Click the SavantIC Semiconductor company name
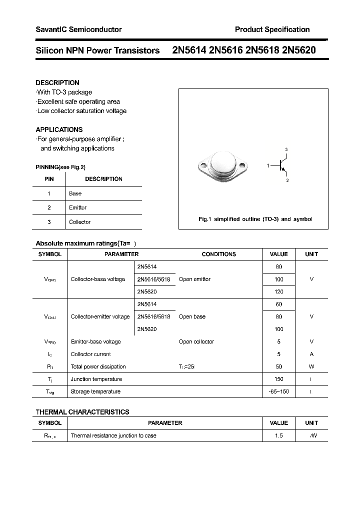78,29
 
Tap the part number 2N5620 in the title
298,50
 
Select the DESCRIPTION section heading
57,82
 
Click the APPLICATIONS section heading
59,129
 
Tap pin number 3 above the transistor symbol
286,149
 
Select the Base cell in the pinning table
75,193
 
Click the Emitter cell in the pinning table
78,207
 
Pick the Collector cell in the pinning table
80,222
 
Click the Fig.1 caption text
255,219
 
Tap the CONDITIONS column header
218,254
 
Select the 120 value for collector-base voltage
278,291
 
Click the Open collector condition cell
196,342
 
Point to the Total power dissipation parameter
98,367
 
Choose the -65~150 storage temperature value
278,392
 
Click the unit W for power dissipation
311,367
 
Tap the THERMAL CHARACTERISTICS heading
82,412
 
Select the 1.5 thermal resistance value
278,436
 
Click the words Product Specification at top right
272,29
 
